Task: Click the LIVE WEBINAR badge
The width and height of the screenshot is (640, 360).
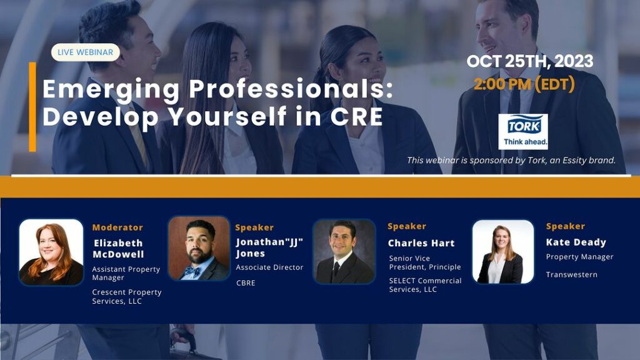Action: click(85, 52)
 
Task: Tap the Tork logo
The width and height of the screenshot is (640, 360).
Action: click(523, 131)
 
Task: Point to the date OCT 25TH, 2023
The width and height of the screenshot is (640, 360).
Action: click(530, 61)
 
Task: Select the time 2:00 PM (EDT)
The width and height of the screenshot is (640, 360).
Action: click(524, 84)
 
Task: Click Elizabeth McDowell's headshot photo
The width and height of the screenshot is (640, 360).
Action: click(51, 252)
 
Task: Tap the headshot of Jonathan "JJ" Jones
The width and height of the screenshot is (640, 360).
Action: click(199, 248)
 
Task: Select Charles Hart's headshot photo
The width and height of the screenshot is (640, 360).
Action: click(344, 251)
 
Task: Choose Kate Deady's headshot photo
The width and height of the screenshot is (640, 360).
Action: click(503, 252)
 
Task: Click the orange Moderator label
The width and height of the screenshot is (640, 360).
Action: click(117, 227)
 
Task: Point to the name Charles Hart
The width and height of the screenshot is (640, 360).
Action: click(421, 243)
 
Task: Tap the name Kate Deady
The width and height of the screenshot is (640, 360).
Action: click(576, 242)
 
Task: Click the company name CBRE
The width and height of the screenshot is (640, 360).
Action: click(246, 283)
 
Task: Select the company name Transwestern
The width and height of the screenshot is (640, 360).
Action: click(571, 275)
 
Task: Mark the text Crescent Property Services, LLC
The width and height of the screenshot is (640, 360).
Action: click(126, 297)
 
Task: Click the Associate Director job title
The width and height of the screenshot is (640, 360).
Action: click(269, 267)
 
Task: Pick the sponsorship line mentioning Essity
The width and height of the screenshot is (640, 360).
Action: click(511, 161)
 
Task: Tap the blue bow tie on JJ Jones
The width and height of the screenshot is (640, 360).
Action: click(191, 271)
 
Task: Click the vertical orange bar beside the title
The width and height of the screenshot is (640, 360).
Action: click(32, 107)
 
